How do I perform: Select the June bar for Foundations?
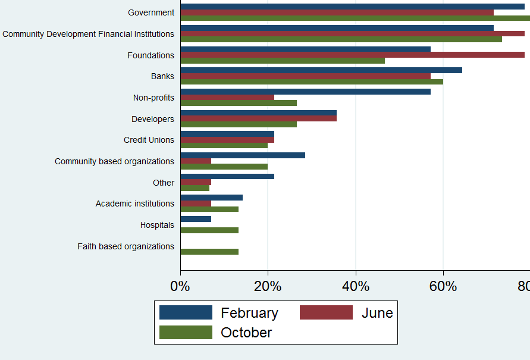[x=352, y=55]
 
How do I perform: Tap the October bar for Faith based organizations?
[x=209, y=252]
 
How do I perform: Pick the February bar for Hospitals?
[x=196, y=219]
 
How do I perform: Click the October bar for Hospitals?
[x=209, y=230]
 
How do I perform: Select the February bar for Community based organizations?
[x=243, y=155]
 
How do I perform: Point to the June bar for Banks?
[x=305, y=76]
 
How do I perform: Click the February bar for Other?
[x=227, y=176]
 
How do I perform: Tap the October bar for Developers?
[x=239, y=124]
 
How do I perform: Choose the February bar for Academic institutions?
[x=211, y=198]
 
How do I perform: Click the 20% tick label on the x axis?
[x=268, y=286]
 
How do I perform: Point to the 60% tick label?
[x=443, y=286]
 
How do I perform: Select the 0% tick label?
[x=180, y=286]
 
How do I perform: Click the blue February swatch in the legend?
[x=186, y=312]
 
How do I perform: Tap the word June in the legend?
[x=377, y=312]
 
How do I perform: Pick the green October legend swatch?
[x=186, y=332]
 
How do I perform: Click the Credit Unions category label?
[x=149, y=140]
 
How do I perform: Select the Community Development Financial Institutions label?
[x=88, y=34]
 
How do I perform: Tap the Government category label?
[x=151, y=12]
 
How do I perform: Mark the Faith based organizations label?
[x=126, y=246]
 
